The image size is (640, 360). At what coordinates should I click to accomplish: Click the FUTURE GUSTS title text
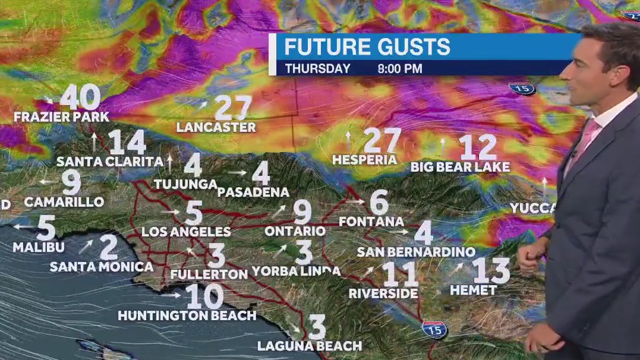coord(367,47)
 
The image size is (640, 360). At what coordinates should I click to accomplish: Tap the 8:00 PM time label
coord(400,69)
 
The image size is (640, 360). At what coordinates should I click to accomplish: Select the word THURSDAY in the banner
coord(317,69)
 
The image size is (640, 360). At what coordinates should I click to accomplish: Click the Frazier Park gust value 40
coord(80,96)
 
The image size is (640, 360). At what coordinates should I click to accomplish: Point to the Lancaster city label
coord(216,127)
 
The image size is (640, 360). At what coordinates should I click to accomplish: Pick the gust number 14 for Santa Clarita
coord(127,143)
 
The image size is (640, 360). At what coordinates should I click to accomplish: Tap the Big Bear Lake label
coord(460,167)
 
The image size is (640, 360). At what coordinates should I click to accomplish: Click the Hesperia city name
coord(364,160)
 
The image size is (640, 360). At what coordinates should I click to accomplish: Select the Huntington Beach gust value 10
coord(204,296)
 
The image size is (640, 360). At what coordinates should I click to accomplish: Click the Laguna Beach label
coord(309,346)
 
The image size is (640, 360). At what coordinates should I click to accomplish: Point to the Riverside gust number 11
coord(400,274)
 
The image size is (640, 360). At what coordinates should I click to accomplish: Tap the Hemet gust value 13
coord(491,271)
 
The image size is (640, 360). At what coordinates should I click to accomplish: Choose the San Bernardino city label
coord(416,252)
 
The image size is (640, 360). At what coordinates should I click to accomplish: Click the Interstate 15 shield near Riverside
coord(434,329)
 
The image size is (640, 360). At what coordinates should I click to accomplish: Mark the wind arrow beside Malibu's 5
coord(24,226)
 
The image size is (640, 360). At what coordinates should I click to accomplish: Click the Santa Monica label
coord(102,267)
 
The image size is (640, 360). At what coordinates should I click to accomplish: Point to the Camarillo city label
coord(64,202)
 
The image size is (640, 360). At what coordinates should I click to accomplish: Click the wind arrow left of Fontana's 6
coord(356,201)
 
